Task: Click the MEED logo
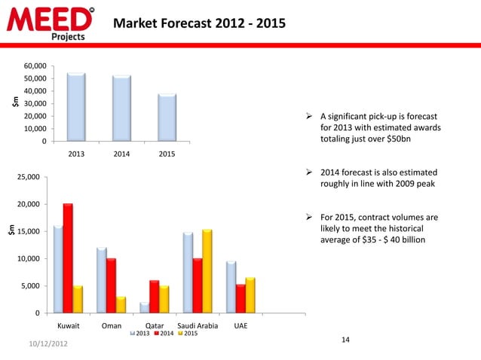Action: click(x=51, y=22)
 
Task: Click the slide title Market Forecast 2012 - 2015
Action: click(x=199, y=23)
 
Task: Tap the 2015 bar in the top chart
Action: click(x=167, y=117)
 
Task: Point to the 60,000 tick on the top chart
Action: click(x=33, y=66)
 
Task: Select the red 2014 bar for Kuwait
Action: click(x=68, y=258)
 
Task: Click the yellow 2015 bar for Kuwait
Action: click(x=78, y=299)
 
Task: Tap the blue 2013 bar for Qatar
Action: click(x=145, y=307)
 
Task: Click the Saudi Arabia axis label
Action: click(x=197, y=326)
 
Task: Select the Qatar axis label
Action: click(x=155, y=326)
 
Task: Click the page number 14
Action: click(x=345, y=340)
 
